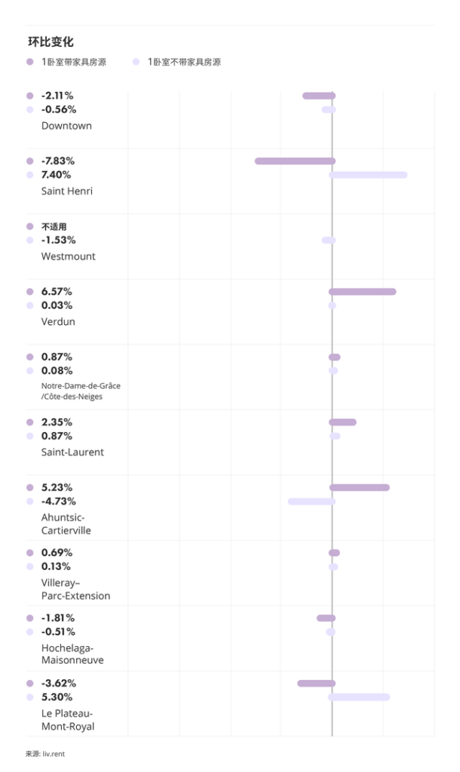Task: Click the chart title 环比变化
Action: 51,42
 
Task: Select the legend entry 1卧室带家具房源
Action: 73,62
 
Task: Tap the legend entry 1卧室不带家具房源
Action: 183,62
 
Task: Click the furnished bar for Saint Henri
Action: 294,161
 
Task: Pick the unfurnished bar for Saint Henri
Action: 368,175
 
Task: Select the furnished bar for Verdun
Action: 362,292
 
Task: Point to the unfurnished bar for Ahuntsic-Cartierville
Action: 311,501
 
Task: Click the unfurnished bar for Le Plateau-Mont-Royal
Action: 359,697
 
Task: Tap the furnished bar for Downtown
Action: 318,96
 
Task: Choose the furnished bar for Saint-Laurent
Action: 342,422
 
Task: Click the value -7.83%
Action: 58,161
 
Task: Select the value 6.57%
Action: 57,292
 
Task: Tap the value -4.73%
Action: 58,501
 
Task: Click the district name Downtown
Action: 66,126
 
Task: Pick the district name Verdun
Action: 58,322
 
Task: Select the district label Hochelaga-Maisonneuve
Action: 72,654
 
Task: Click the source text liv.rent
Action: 54,753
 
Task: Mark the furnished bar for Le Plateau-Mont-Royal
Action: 316,683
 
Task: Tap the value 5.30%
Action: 57,697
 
